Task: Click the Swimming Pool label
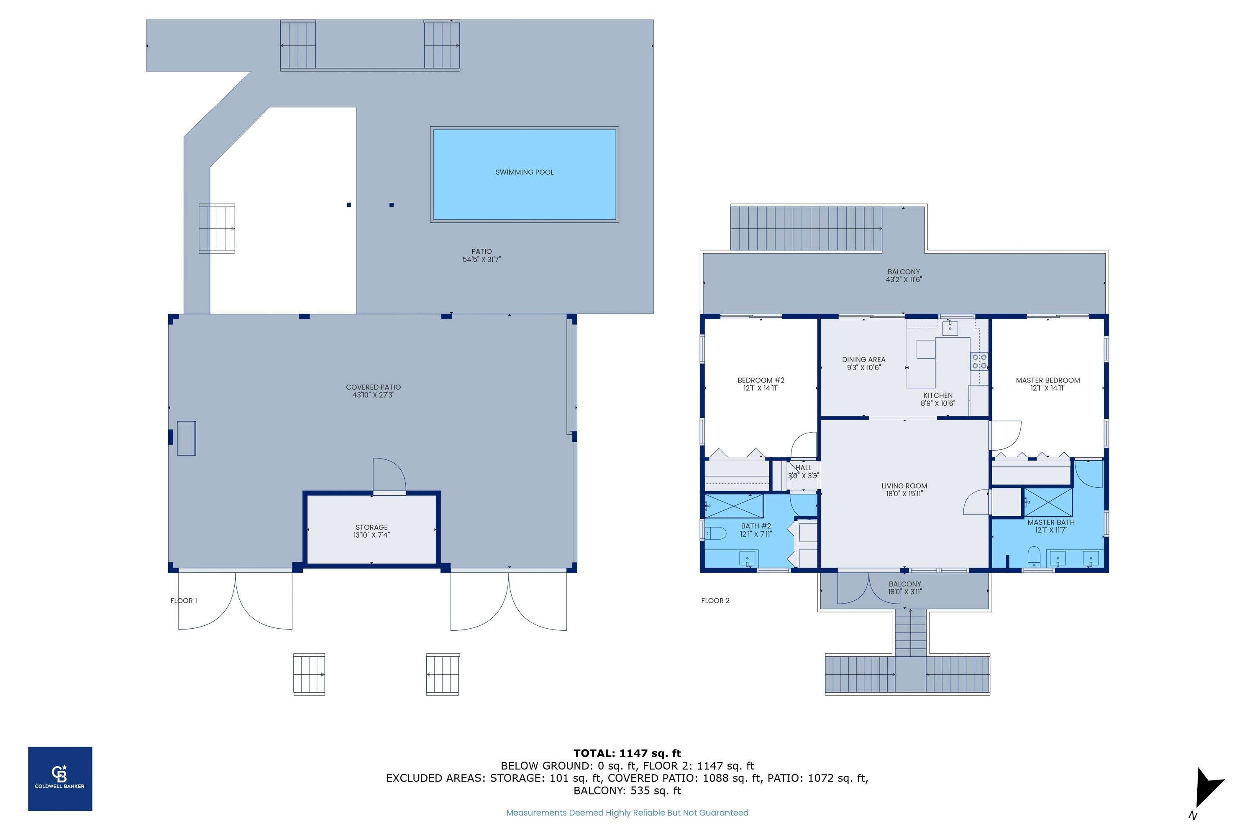[x=524, y=172]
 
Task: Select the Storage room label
[x=371, y=527]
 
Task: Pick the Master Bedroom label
[x=1048, y=380]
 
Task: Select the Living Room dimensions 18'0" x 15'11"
[x=904, y=494]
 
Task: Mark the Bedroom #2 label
[x=761, y=380]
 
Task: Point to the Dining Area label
[x=863, y=359]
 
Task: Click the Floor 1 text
[x=184, y=600]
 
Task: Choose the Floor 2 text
[x=715, y=600]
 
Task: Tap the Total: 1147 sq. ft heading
[x=627, y=753]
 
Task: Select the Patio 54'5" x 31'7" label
[x=482, y=255]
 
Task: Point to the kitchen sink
[x=950, y=328]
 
